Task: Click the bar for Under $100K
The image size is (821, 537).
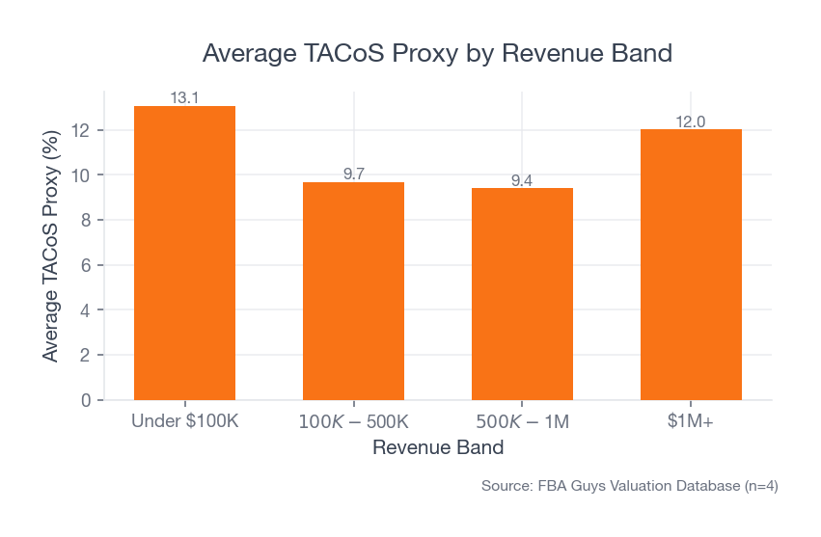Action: click(x=184, y=253)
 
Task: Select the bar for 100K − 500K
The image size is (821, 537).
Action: click(x=353, y=290)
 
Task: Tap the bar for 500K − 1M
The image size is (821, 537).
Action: click(x=522, y=294)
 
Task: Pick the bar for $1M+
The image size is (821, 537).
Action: click(x=691, y=264)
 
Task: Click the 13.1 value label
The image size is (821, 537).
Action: click(x=184, y=97)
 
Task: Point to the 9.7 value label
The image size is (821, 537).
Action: click(x=353, y=174)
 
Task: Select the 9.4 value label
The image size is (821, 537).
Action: click(x=522, y=180)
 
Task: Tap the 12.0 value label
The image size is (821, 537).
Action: click(x=691, y=121)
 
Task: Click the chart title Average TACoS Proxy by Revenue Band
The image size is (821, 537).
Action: click(x=437, y=53)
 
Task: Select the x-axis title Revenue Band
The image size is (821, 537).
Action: click(x=437, y=448)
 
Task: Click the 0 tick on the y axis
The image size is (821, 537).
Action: click(x=86, y=400)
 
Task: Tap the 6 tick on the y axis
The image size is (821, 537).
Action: click(x=86, y=265)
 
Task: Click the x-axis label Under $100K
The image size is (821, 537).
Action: click(x=184, y=422)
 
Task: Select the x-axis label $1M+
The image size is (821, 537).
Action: click(x=691, y=422)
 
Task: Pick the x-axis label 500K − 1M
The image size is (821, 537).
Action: click(x=522, y=422)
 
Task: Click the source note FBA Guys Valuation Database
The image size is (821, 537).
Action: click(x=629, y=487)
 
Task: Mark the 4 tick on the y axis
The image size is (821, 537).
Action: click(x=86, y=310)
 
